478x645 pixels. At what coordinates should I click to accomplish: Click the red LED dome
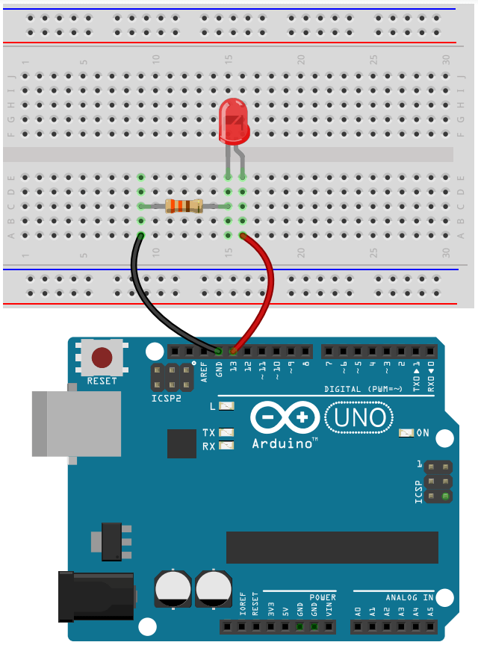(x=234, y=124)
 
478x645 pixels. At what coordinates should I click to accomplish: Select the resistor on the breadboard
(x=184, y=206)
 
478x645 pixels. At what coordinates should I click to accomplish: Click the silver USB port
(x=75, y=423)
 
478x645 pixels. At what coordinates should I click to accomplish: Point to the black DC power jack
(x=96, y=595)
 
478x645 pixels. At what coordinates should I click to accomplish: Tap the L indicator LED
(x=227, y=406)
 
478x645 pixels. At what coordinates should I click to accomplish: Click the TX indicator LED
(x=227, y=432)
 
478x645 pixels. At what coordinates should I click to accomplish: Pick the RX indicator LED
(x=227, y=446)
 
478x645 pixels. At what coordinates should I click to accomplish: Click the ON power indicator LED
(x=406, y=432)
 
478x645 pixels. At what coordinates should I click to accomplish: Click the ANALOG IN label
(x=409, y=597)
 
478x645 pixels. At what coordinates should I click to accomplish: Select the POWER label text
(x=323, y=597)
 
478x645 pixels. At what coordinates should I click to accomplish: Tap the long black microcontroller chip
(x=332, y=547)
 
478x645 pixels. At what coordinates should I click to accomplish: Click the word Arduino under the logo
(x=282, y=443)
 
